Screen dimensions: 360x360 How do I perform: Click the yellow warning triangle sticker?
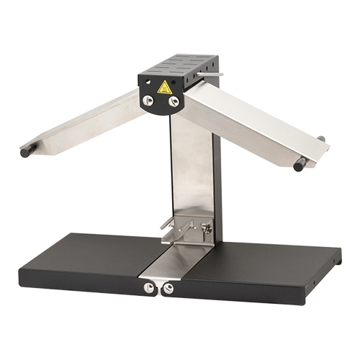click(x=165, y=88)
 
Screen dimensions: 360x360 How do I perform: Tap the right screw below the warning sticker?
click(x=174, y=102)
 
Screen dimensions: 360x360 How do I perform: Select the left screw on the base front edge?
click(x=149, y=287)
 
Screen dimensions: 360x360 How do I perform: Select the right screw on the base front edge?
click(x=168, y=289)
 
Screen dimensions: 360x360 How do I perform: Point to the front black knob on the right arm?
click(x=299, y=166)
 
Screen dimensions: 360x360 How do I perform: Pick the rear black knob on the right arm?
click(x=320, y=139)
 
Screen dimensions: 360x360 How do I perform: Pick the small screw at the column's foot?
click(x=207, y=228)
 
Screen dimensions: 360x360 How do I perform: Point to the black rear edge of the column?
click(x=216, y=180)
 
